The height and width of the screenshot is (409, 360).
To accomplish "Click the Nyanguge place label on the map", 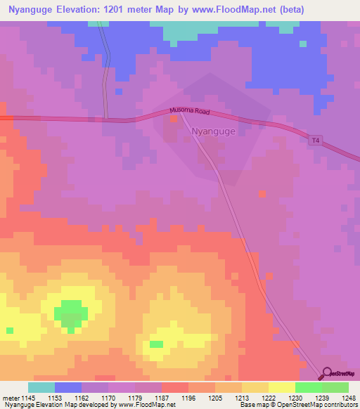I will (x=214, y=131).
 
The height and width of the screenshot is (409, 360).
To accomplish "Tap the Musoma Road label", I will (x=190, y=111).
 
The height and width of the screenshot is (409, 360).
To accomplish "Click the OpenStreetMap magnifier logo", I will (x=326, y=375).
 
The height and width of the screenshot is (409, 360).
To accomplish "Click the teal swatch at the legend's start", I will (x=41, y=387).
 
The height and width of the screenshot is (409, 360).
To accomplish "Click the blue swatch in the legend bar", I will (x=68, y=387).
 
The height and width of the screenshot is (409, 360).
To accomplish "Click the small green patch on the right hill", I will (x=156, y=344).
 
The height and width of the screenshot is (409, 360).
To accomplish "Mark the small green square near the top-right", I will (x=303, y=44).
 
